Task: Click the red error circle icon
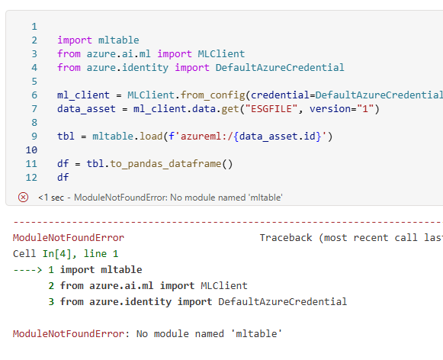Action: pyautogui.click(x=23, y=197)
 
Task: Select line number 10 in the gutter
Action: pyautogui.click(x=31, y=149)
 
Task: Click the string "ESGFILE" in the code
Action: pyautogui.click(x=271, y=109)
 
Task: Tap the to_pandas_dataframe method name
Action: pyautogui.click(x=165, y=164)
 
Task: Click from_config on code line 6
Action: pyautogui.click(x=213, y=95)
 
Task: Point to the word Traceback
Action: pyautogui.click(x=286, y=238)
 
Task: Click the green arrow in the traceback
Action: pyautogui.click(x=27, y=270)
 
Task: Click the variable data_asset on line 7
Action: pyautogui.click(x=86, y=109)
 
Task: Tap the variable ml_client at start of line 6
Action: pyautogui.click(x=83, y=95)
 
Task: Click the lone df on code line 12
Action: pyautogui.click(x=63, y=177)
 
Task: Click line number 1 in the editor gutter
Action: pyautogui.click(x=34, y=27)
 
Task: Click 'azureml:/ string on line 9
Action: pyautogui.click(x=207, y=137)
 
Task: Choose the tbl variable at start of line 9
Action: pyautogui.click(x=66, y=137)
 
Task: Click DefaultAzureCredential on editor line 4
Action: pyautogui.click(x=280, y=68)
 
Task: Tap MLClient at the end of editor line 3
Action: pyautogui.click(x=221, y=53)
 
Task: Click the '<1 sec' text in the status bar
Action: pyautogui.click(x=51, y=198)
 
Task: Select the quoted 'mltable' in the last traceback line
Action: pyautogui.click(x=256, y=334)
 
